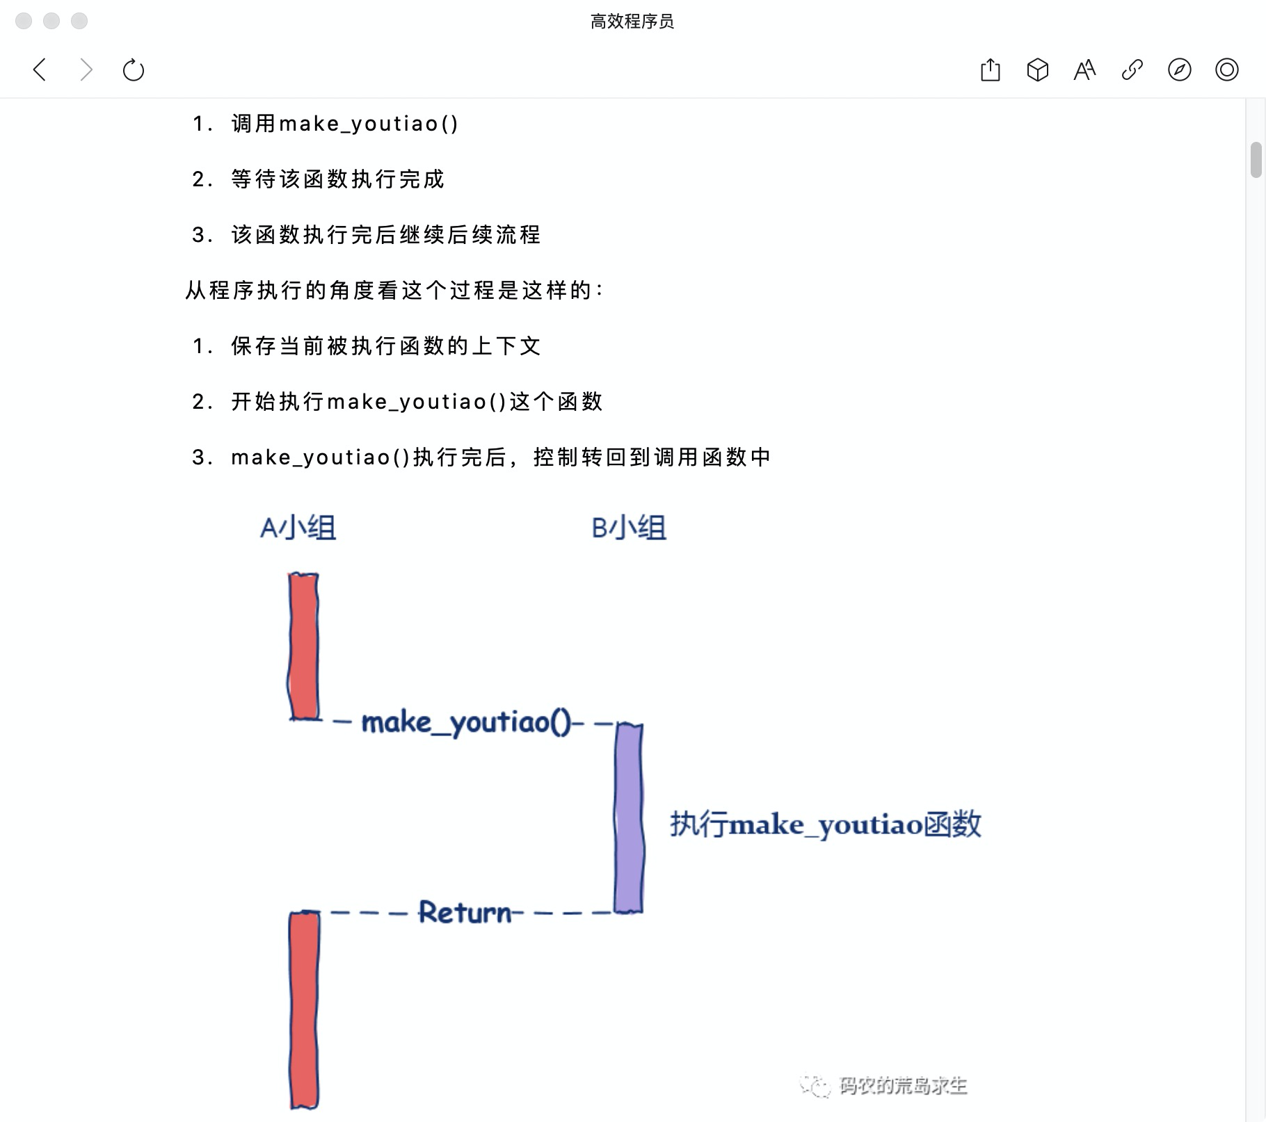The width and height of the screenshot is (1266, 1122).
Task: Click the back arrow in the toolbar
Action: click(x=40, y=70)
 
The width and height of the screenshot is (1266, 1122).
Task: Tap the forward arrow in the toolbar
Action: click(x=86, y=70)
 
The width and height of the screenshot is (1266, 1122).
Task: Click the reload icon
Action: click(x=133, y=70)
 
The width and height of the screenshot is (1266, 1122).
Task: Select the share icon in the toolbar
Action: click(x=990, y=70)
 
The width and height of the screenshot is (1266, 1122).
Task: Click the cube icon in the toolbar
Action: click(x=1037, y=70)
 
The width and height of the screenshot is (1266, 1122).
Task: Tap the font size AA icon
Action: click(x=1084, y=70)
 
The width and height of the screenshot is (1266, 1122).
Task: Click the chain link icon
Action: click(x=1132, y=70)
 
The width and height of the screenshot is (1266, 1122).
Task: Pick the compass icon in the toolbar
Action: click(x=1179, y=70)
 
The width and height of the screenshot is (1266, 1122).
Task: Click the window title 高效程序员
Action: click(x=632, y=22)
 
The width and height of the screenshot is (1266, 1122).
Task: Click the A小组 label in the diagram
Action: click(x=298, y=528)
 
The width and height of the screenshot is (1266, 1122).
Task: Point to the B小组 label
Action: click(x=629, y=528)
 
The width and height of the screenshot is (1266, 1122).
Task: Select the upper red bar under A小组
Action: click(x=304, y=646)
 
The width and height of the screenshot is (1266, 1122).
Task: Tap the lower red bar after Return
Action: click(x=304, y=1009)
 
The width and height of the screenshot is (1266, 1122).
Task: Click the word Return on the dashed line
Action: click(x=465, y=912)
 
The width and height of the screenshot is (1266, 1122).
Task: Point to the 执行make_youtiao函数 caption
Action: click(x=825, y=824)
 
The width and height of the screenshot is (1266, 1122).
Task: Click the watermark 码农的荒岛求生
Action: click(x=902, y=1085)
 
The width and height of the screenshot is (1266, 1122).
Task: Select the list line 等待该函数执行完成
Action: click(x=337, y=179)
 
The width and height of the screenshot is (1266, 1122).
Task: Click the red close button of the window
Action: click(x=24, y=21)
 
